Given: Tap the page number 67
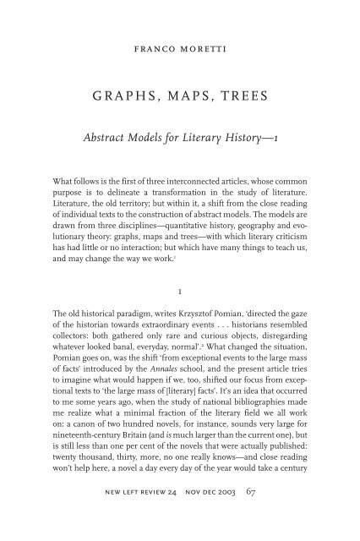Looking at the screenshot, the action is [280, 514].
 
